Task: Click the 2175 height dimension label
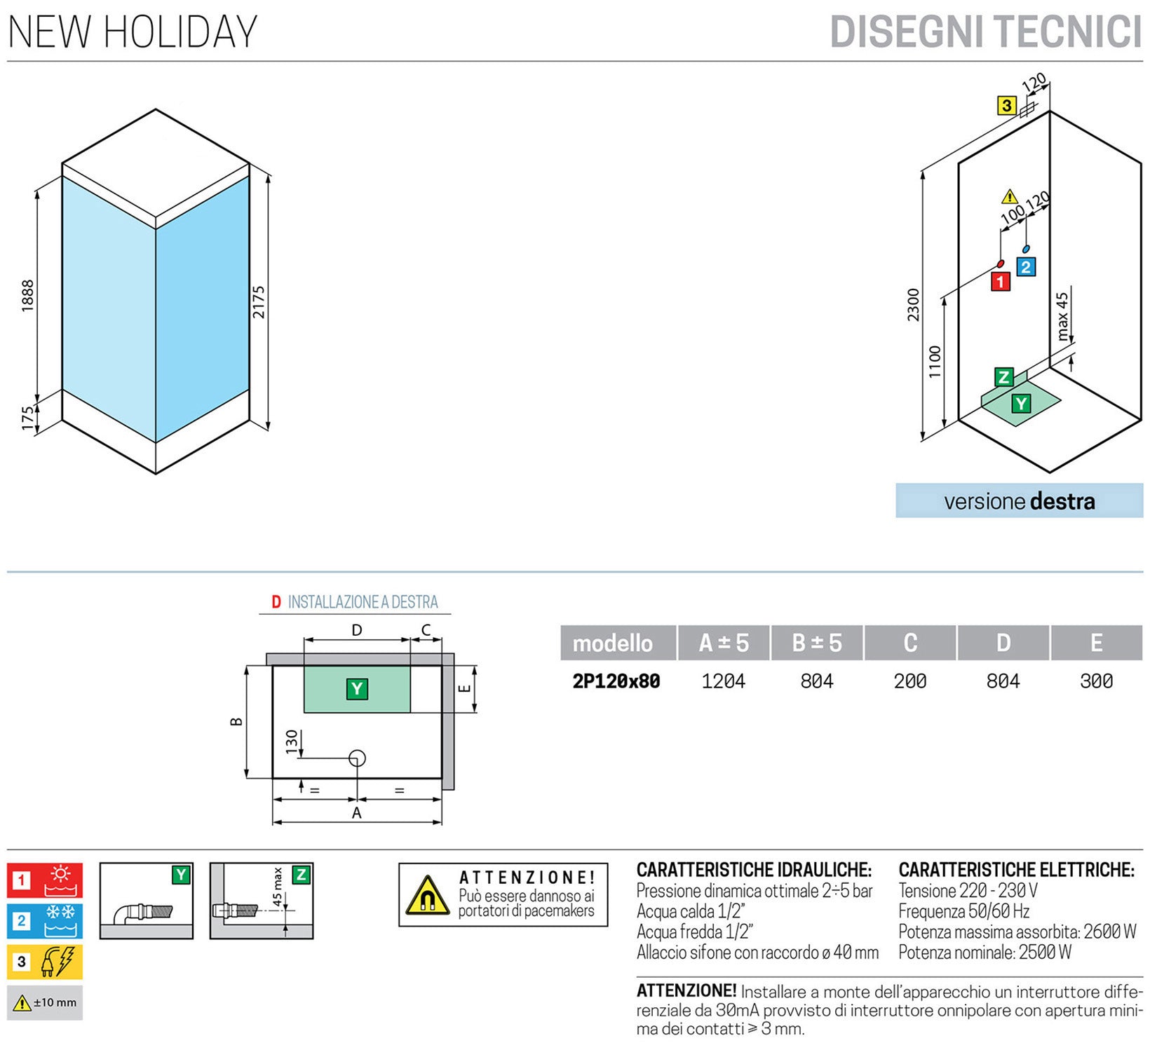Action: (259, 302)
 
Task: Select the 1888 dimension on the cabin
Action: (27, 295)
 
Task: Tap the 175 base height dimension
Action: (27, 418)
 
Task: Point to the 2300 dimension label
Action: (913, 305)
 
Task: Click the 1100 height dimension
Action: (935, 362)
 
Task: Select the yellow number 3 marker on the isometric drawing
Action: (1007, 106)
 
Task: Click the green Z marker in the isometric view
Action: (1003, 377)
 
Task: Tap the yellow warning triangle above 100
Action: (1009, 196)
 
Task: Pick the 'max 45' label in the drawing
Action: (1063, 317)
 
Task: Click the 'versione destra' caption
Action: (1019, 501)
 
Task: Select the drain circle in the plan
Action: (358, 758)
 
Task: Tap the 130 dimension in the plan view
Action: (292, 742)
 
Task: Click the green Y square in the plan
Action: (357, 689)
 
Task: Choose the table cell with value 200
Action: (909, 681)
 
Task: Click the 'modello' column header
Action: (612, 643)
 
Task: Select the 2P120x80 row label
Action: (616, 681)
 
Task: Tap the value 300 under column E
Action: (1096, 681)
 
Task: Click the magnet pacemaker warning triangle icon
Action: (427, 897)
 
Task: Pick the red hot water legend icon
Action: (45, 880)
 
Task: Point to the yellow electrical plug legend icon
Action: (45, 962)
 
